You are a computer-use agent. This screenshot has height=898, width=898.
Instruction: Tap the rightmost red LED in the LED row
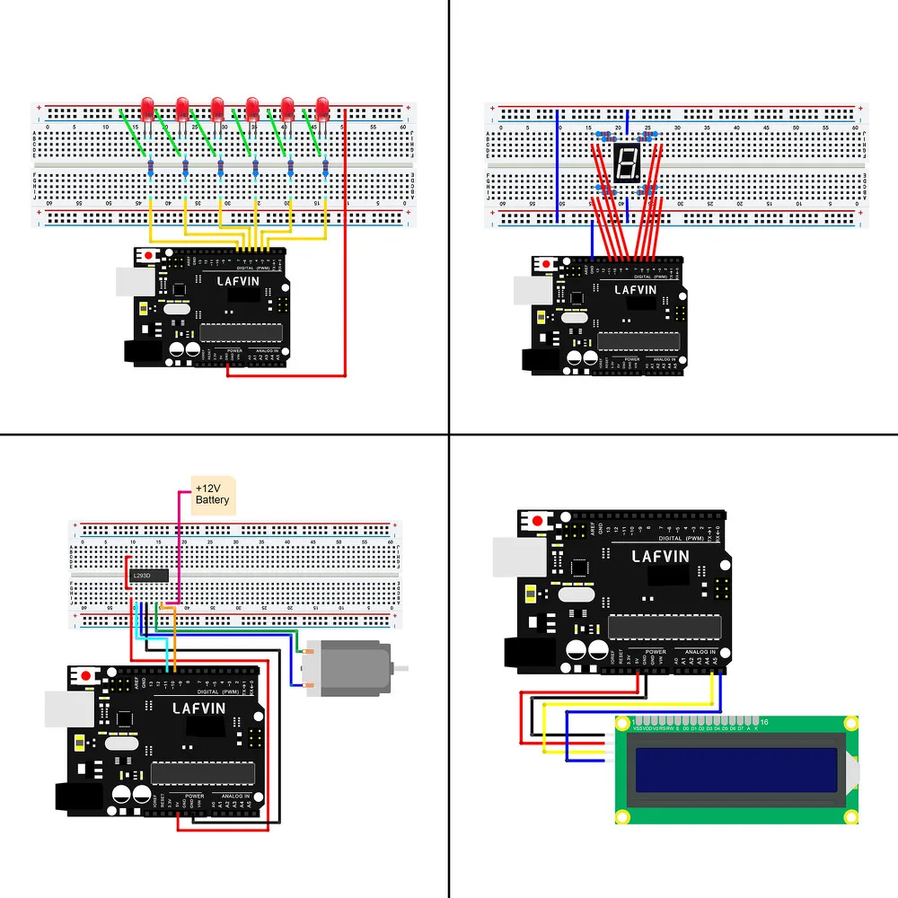pyautogui.click(x=322, y=108)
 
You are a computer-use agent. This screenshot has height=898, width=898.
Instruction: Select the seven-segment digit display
pyautogui.click(x=626, y=163)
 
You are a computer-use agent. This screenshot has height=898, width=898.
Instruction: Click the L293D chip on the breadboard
pyautogui.click(x=147, y=574)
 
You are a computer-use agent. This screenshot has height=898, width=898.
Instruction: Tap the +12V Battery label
pyautogui.click(x=212, y=494)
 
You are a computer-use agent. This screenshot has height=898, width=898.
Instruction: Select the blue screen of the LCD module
pyautogui.click(x=736, y=770)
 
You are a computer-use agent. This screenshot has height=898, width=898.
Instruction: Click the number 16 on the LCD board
pyautogui.click(x=764, y=722)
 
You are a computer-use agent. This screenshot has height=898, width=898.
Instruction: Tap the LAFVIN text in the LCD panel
pyautogui.click(x=660, y=557)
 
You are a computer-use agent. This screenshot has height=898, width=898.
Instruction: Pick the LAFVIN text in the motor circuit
pyautogui.click(x=192, y=707)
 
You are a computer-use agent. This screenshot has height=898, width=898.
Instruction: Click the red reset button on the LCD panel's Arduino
pyautogui.click(x=537, y=521)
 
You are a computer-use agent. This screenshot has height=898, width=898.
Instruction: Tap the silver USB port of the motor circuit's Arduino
pyautogui.click(x=67, y=709)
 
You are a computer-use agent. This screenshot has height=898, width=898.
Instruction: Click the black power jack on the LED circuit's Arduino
pyautogui.click(x=139, y=351)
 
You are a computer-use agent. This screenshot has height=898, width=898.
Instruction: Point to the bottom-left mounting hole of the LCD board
pyautogui.click(x=621, y=816)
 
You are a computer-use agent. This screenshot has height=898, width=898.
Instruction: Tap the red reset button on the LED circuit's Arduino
pyautogui.click(x=147, y=257)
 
